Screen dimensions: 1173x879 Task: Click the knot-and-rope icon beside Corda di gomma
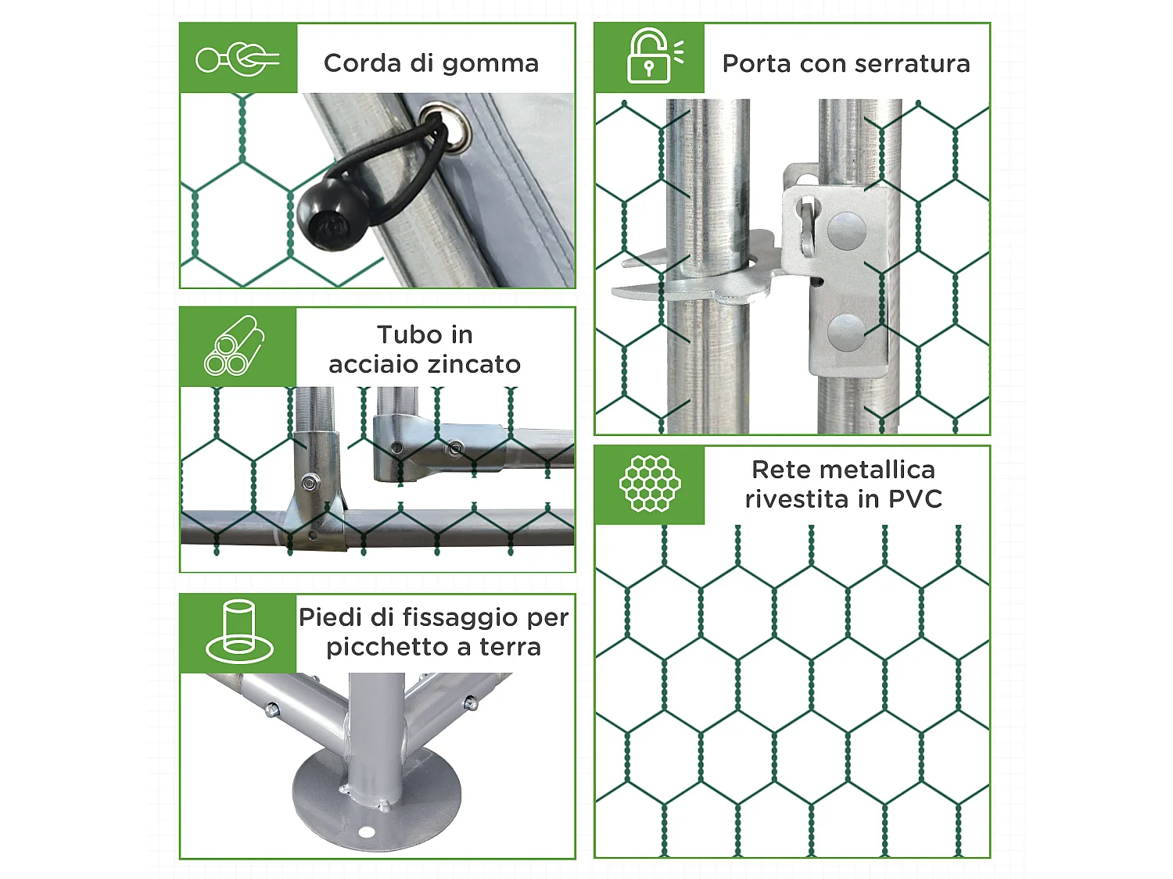click(237, 59)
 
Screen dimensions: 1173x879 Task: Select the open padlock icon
click(654, 56)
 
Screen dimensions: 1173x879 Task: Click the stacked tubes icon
click(234, 345)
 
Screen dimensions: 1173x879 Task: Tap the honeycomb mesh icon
click(650, 484)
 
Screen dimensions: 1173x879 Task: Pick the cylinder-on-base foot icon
click(239, 632)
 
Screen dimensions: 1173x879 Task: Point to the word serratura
click(913, 63)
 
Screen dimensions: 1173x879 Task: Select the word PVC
click(915, 499)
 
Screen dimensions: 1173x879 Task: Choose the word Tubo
click(401, 334)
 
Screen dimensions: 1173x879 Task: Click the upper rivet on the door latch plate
click(846, 231)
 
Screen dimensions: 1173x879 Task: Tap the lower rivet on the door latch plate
click(846, 332)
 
